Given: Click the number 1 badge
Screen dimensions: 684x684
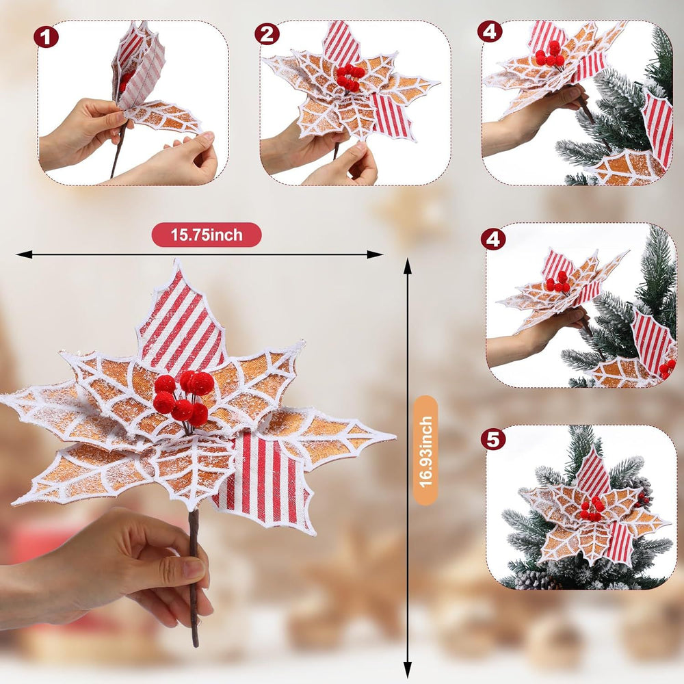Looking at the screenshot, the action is coord(46,37).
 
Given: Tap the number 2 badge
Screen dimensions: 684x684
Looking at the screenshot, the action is coord(267,34).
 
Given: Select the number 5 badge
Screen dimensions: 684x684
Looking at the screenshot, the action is coord(493,440).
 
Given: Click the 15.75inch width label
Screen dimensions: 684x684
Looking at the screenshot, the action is coord(207,235).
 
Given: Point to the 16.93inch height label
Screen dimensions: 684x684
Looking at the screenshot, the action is coord(425,450).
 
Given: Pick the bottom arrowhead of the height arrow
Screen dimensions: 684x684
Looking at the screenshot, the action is coord(408,670).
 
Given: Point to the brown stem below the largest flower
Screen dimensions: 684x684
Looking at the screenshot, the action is coord(194,576).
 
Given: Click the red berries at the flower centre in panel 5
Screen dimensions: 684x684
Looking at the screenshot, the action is coord(592,509).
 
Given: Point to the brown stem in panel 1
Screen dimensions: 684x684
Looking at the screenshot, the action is coord(118,148).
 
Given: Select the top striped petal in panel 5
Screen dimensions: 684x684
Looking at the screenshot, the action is coord(593,473).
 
